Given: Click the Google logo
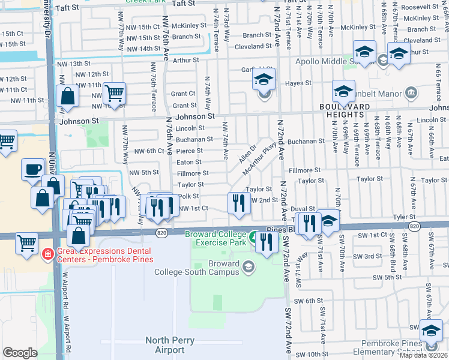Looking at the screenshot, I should pos(20,353).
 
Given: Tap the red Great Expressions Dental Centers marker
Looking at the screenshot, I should pos(47,255).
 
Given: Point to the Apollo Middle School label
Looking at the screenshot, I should pos(333,61).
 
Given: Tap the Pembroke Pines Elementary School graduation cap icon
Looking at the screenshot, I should pos(431,331).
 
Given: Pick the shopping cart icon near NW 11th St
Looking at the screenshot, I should pos(113,93).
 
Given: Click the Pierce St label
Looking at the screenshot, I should pos(189,151).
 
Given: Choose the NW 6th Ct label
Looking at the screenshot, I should pos(149,151).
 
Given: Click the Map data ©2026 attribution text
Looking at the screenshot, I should pos(423,355).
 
